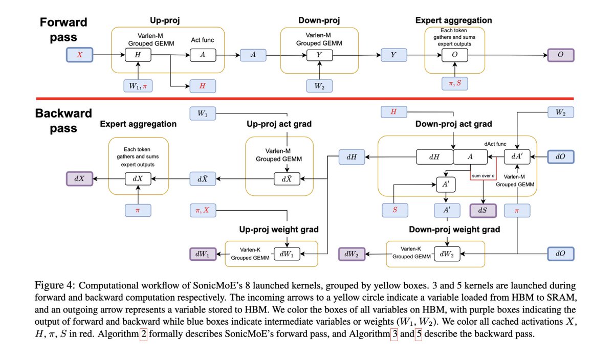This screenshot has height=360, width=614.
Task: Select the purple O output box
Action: coord(560,55)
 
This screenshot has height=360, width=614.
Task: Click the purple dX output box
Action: coord(79,179)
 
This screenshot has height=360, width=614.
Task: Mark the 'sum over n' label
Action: coord(484,175)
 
